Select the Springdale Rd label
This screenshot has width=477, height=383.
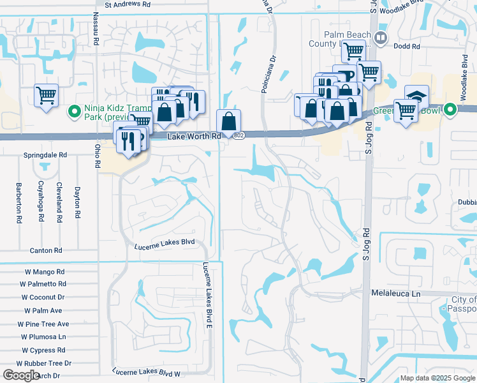click(46, 155)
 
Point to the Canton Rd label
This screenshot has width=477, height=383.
click(45, 250)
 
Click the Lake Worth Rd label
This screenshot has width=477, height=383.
click(194, 137)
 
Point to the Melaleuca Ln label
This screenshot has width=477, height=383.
click(397, 293)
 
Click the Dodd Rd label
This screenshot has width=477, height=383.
click(407, 47)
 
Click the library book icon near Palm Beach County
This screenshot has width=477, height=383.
click(381, 38)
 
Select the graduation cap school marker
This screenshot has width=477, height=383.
click(416, 95)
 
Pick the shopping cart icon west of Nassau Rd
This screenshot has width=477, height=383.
click(46, 95)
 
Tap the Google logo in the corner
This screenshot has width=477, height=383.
click(21, 375)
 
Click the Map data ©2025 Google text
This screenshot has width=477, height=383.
click(437, 378)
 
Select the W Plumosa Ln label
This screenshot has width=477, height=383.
click(44, 336)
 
